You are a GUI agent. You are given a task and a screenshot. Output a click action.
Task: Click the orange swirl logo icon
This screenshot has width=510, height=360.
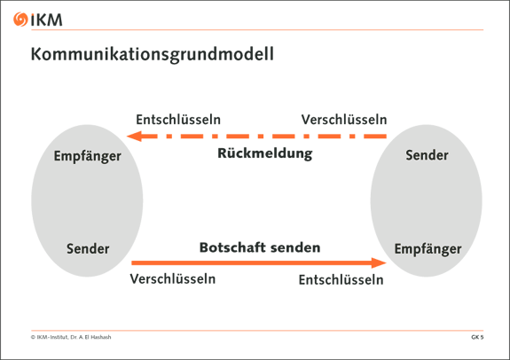click(x=20, y=20)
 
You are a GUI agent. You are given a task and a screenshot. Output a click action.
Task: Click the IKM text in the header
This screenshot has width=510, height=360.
click(x=46, y=20)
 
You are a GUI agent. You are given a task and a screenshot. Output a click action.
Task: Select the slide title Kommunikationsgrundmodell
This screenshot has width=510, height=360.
click(x=153, y=54)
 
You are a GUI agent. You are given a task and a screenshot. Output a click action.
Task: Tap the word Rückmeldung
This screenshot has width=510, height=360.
click(x=265, y=153)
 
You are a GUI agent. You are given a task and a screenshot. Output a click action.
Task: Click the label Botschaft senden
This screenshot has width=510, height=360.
click(x=260, y=247)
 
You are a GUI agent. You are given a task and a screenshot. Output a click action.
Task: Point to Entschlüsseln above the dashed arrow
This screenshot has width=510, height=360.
click(x=178, y=120)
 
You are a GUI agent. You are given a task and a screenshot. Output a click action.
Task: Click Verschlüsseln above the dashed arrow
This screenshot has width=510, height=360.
click(x=344, y=120)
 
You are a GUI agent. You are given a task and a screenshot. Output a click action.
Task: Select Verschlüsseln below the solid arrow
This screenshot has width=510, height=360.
click(x=173, y=279)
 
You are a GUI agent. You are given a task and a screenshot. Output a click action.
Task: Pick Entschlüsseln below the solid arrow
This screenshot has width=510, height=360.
click(x=341, y=279)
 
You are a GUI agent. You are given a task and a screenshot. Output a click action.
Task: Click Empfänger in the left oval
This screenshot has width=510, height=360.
click(x=88, y=156)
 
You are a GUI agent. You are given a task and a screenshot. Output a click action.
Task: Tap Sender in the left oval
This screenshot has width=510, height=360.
click(x=88, y=249)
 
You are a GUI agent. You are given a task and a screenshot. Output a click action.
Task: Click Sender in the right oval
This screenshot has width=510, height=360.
click(x=427, y=155)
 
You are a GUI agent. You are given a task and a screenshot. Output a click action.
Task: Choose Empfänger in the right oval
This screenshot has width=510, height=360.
click(x=428, y=249)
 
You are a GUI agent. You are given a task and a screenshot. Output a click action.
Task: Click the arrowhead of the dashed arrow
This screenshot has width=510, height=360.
click(x=134, y=136)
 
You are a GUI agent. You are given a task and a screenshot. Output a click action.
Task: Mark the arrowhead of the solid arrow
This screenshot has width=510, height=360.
click(x=379, y=262)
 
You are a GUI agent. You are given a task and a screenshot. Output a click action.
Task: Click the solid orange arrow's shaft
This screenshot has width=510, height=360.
click(x=251, y=262)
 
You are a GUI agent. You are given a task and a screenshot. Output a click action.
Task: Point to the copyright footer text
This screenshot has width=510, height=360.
click(x=71, y=337)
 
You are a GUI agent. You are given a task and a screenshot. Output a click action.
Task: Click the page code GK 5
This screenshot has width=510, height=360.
click(x=477, y=337)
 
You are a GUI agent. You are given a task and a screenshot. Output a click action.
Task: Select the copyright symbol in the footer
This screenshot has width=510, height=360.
click(x=33, y=337)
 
